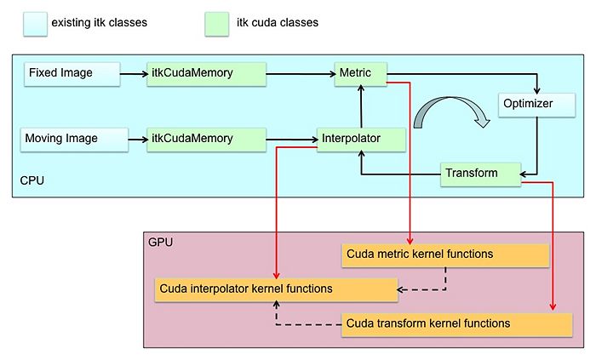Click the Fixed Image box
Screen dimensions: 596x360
pos(72,74)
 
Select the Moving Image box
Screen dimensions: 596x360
pos(75,140)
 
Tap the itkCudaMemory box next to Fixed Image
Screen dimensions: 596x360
pos(206,74)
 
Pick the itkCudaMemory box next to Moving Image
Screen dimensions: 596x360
pos(206,140)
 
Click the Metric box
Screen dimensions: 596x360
pos(361,74)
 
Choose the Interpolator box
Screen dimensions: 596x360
pos(361,140)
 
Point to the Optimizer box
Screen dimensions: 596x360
pos(536,106)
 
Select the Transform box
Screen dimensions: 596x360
pos(480,174)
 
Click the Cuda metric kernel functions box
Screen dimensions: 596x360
pos(445,255)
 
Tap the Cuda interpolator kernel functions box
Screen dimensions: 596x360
pos(277,290)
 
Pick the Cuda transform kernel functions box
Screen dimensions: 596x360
pos(457,325)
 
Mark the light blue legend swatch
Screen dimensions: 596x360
pos(36,25)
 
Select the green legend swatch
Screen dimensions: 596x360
pos(216,25)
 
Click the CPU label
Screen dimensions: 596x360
pos(32,180)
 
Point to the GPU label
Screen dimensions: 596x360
pos(160,243)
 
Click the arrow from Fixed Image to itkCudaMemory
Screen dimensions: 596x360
pos(134,74)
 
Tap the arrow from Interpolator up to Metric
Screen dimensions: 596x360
pos(361,106)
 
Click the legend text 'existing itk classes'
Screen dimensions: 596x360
pos(100,23)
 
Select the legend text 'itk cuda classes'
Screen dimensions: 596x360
pos(278,23)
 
